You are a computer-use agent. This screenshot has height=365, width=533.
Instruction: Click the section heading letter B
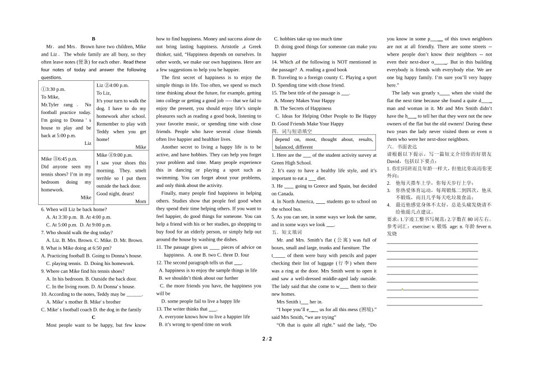(93, 39)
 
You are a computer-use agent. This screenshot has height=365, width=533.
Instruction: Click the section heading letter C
(93, 317)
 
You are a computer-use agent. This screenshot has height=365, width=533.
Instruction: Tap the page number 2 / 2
(266, 339)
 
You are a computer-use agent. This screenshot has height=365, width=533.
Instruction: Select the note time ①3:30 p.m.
(53, 89)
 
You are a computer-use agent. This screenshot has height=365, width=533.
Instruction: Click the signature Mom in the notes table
(140, 201)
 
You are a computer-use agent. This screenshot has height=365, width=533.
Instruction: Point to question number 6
(43, 209)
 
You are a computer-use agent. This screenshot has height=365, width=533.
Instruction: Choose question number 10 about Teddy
(44, 294)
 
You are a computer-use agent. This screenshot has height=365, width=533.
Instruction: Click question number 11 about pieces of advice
(159, 247)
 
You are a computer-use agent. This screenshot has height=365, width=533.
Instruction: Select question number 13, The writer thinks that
(159, 309)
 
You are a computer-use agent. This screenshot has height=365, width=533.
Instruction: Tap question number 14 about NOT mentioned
(275, 62)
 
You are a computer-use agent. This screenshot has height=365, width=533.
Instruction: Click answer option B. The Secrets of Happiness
(302, 108)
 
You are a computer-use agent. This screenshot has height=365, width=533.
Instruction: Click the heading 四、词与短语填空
(292, 131)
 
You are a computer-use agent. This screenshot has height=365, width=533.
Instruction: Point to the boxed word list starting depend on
(324, 143)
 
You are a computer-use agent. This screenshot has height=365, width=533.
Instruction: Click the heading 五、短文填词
(287, 232)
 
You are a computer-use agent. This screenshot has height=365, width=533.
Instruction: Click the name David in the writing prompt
(394, 161)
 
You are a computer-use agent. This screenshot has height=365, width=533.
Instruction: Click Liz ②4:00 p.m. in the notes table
(112, 85)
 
